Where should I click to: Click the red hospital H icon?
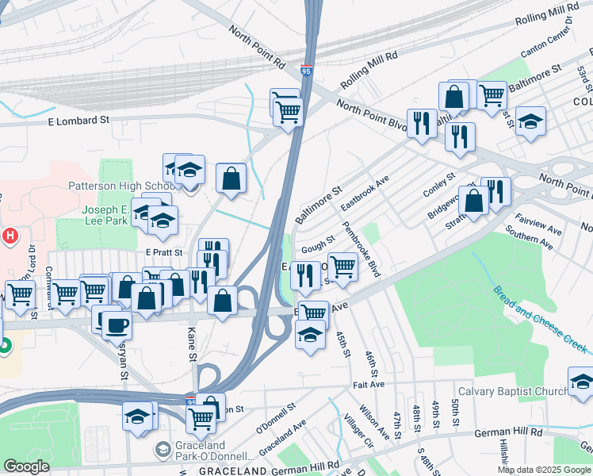point(10,236)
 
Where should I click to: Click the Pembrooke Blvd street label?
point(362,249)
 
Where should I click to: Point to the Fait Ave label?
point(369,384)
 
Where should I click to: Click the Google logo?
point(26,466)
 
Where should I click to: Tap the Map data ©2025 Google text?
point(544,470)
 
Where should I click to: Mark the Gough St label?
point(314,248)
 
